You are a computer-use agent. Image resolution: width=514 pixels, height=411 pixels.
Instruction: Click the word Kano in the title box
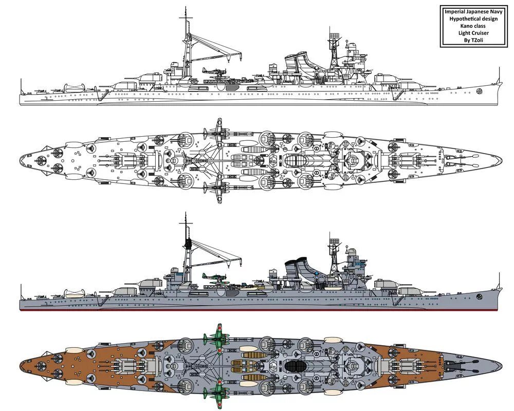[461, 26]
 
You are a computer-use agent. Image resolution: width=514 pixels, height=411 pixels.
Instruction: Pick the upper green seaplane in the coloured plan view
[215, 338]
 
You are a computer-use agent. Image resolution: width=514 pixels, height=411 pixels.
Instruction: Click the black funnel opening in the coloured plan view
[296, 366]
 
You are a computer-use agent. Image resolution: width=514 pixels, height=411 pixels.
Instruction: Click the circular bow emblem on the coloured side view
[479, 296]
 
